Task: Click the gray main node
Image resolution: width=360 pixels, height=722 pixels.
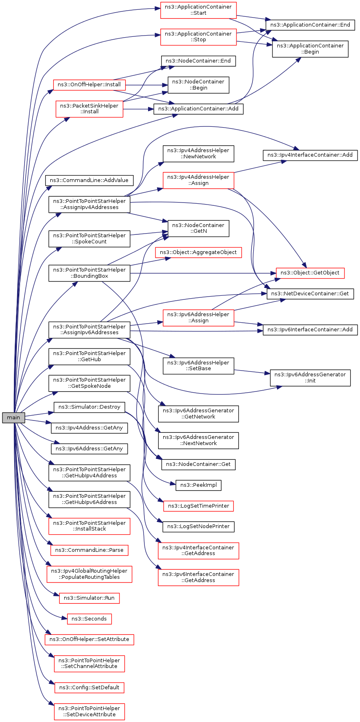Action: [13, 418]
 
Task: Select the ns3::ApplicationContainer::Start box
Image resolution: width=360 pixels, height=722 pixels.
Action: [198, 10]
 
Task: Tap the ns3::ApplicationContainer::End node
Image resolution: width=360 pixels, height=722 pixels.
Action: [310, 25]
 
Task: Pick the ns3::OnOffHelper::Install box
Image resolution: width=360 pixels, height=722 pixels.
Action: [89, 85]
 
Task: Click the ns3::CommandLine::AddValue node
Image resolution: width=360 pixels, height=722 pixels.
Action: [89, 180]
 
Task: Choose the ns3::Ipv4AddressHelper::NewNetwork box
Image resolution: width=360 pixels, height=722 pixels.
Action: [198, 153]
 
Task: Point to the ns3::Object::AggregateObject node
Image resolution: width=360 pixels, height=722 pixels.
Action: [198, 252]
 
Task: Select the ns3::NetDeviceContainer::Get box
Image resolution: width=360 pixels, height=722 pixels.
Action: [310, 294]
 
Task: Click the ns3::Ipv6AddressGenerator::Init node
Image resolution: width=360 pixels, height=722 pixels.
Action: [310, 378]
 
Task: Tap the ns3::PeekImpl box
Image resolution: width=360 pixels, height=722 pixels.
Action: [198, 485]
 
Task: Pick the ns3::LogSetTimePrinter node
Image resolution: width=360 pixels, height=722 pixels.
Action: [198, 506]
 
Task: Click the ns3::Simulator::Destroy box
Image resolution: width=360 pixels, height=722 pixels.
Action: [89, 407]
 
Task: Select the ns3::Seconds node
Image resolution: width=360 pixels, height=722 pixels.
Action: [89, 619]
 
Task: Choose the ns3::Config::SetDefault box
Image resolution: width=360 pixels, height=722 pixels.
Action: [89, 687]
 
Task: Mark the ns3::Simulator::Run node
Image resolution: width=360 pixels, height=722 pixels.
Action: [89, 598]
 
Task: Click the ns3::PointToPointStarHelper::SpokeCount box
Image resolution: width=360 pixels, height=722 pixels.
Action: [89, 238]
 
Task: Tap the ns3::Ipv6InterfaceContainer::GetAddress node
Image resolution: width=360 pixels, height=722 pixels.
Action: [198, 577]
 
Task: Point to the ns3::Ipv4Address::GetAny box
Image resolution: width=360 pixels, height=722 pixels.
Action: [89, 428]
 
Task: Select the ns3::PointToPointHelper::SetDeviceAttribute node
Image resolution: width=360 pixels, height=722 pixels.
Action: [89, 711]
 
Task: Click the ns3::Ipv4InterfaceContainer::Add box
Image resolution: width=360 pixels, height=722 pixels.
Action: [310, 155]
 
